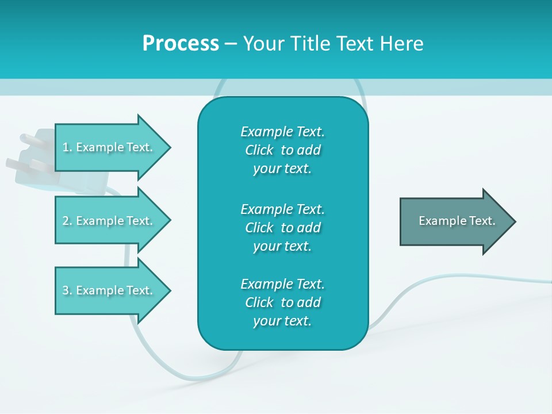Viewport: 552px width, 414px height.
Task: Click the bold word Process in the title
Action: [x=181, y=44]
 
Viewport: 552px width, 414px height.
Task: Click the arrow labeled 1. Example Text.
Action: [x=108, y=147]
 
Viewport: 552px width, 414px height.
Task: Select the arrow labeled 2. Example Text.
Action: [x=108, y=221]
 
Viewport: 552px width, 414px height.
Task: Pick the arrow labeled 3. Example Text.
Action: [x=108, y=290]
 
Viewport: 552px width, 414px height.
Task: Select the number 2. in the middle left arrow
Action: [x=67, y=221]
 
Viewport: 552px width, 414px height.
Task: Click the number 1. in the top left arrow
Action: [x=67, y=147]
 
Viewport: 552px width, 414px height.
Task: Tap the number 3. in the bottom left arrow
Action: [x=67, y=290]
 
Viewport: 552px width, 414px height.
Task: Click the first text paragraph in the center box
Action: [x=282, y=150]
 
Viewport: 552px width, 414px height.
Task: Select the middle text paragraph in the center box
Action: [x=282, y=228]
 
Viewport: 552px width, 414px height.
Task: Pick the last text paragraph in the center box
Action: [x=282, y=302]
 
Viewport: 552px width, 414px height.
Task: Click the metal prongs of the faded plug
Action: [x=23, y=152]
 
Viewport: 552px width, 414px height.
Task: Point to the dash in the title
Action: [x=231, y=44]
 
